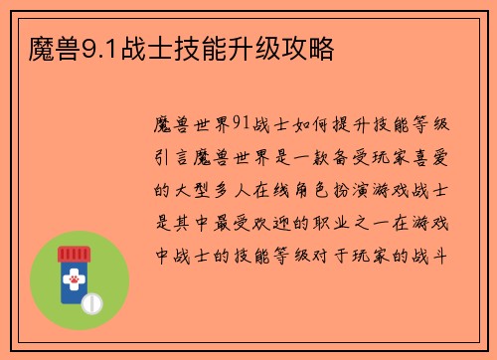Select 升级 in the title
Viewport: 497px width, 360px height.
[x=261, y=47]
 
